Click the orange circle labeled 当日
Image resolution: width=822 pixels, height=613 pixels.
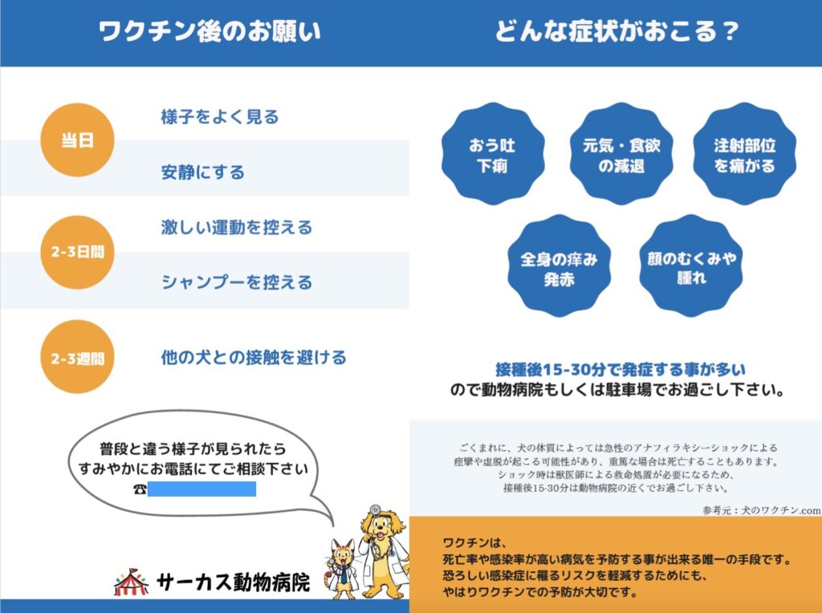click(78, 140)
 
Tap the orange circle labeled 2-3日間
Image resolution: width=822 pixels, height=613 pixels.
click(78, 252)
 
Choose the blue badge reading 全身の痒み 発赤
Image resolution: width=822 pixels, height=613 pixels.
click(560, 266)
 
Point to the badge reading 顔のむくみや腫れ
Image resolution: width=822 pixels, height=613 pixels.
click(691, 266)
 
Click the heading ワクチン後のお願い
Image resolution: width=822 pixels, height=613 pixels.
click(210, 31)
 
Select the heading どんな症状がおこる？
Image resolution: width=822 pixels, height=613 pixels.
click(617, 31)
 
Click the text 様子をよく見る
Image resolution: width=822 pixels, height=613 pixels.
click(220, 116)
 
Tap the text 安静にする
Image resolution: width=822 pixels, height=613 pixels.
click(203, 172)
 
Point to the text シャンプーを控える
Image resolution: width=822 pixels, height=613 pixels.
click(237, 282)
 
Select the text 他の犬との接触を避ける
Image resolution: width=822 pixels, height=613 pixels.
click(254, 357)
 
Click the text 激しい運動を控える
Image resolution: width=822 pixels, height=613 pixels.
click(237, 227)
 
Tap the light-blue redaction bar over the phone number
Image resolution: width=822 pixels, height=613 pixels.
click(201, 489)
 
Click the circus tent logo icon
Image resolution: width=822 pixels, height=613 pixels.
click(131, 582)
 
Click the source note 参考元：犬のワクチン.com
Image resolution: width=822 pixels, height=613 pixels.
click(762, 509)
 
